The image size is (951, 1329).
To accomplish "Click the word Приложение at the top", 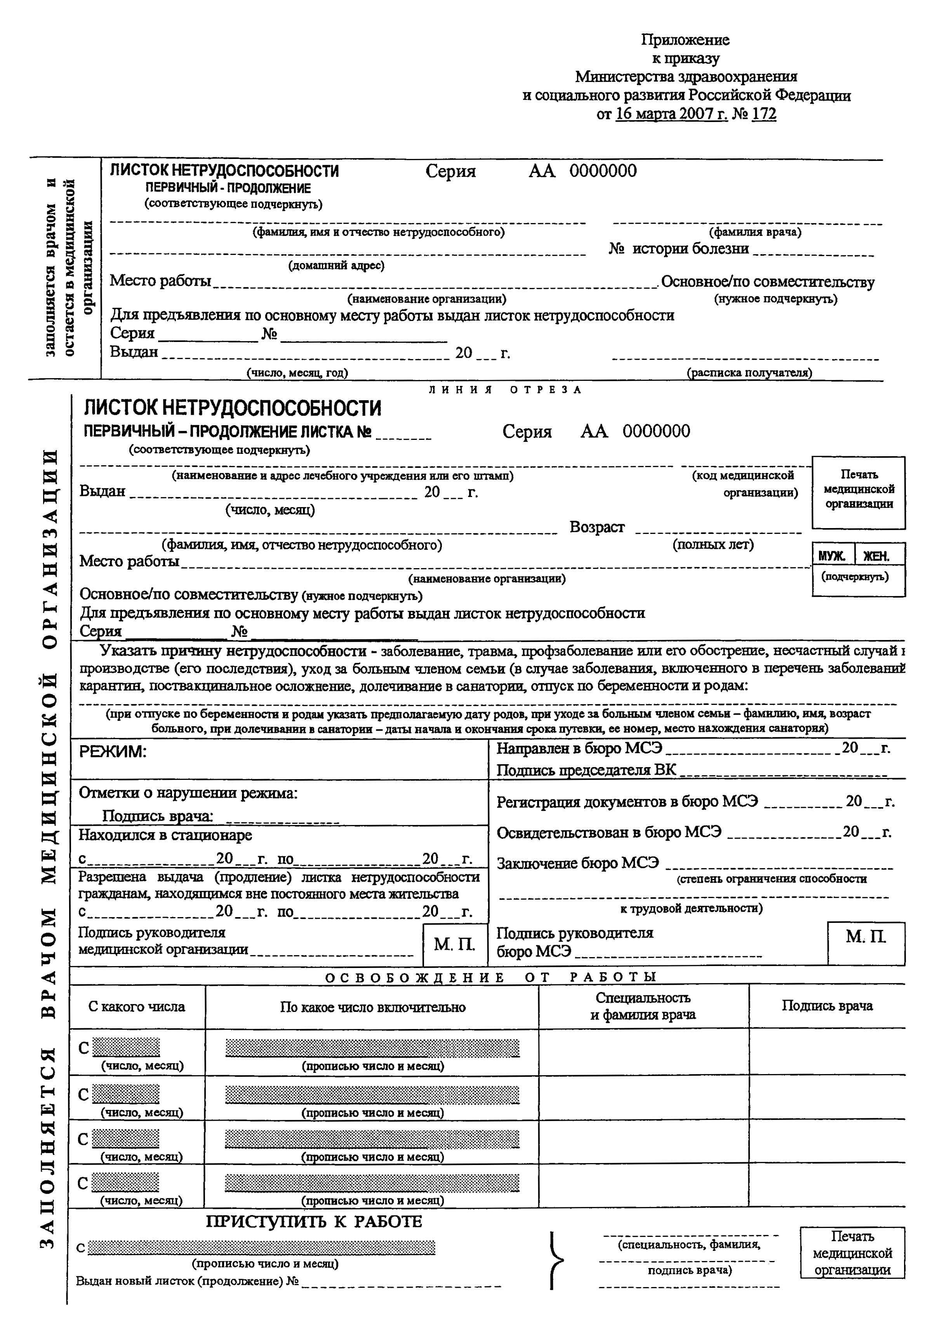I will tap(685, 40).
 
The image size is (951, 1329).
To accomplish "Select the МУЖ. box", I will tap(833, 556).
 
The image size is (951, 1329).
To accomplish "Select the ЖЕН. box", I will tap(876, 556).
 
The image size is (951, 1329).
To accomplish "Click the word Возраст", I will tap(597, 527).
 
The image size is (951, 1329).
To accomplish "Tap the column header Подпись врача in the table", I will tap(827, 1006).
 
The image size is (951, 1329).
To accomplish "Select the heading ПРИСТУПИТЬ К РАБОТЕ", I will tap(314, 1222).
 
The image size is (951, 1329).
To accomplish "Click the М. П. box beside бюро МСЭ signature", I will tap(866, 937).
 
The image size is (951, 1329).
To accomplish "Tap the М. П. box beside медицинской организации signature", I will tap(454, 944).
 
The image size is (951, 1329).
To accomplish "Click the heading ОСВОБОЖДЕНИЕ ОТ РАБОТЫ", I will tap(491, 977).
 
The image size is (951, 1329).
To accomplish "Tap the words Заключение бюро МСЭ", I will tap(577, 863).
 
